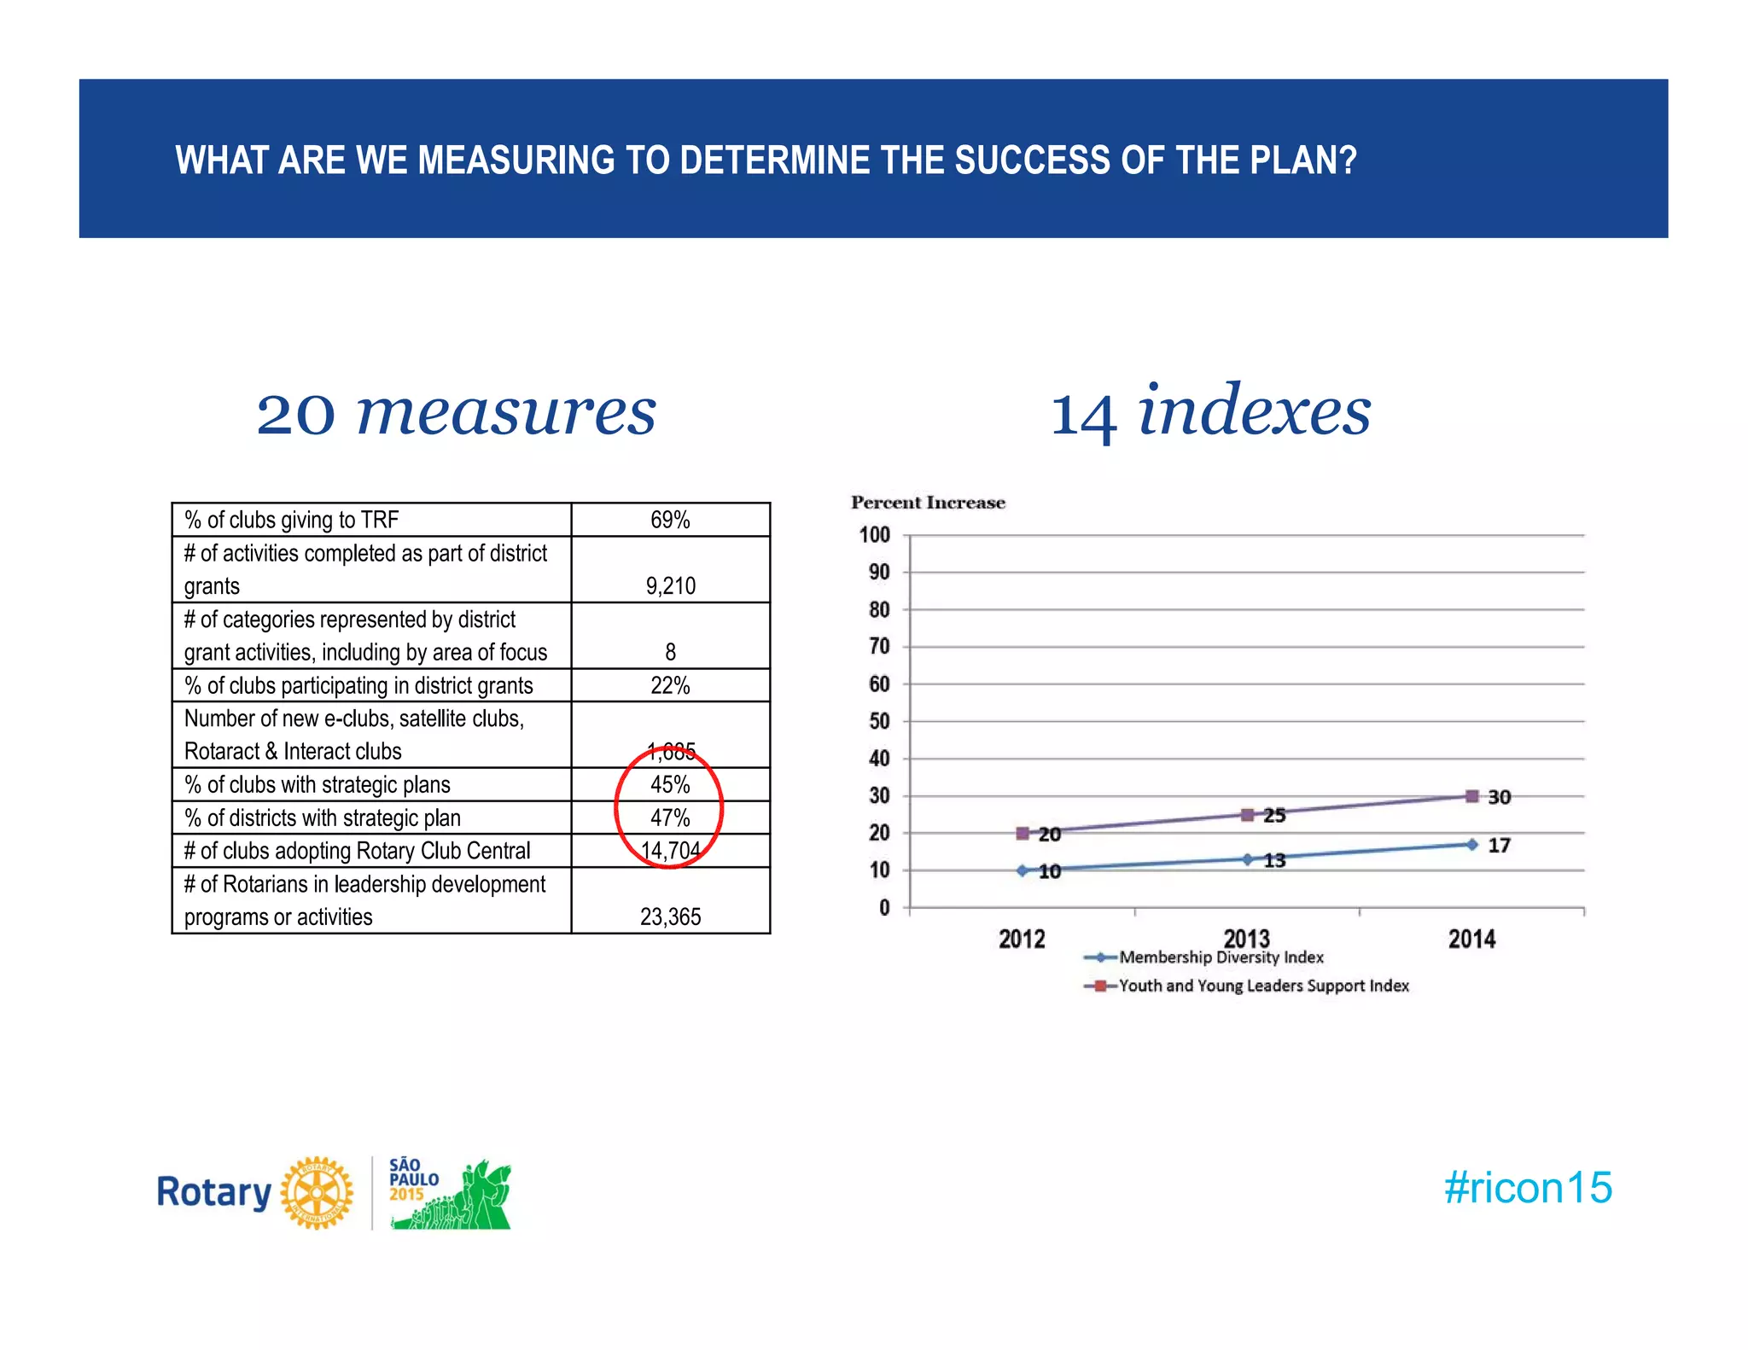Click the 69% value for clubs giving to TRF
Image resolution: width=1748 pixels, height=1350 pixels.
point(670,520)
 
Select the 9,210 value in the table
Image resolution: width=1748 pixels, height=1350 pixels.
point(670,586)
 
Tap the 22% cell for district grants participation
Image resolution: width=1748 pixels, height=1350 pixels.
point(670,685)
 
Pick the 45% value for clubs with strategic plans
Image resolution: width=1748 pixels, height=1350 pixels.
point(670,784)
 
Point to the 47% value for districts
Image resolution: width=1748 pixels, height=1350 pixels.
point(670,818)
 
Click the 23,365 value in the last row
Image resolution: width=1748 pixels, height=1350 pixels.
point(670,916)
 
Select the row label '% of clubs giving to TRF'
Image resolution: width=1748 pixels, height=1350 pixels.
point(291,520)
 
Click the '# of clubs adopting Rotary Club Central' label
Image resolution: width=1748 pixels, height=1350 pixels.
point(357,851)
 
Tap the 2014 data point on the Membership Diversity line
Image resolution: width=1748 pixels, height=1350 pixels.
point(1471,845)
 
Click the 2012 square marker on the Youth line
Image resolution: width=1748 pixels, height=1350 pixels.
point(1023,833)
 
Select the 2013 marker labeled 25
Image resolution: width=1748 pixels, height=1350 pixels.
point(1247,815)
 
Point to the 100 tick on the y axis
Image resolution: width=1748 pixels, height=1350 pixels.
point(874,535)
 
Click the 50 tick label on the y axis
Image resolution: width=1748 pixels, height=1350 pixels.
point(878,721)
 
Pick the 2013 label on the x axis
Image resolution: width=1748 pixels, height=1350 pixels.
point(1247,938)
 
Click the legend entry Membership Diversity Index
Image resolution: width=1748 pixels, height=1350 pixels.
point(1221,957)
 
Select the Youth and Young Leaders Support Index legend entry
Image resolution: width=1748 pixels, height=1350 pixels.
point(1263,986)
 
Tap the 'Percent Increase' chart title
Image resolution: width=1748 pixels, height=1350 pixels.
point(928,503)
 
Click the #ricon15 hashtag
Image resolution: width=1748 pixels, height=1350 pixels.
point(1528,1187)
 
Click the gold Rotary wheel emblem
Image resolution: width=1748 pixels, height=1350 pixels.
point(317,1192)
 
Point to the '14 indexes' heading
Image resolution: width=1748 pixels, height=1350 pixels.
point(1210,411)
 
